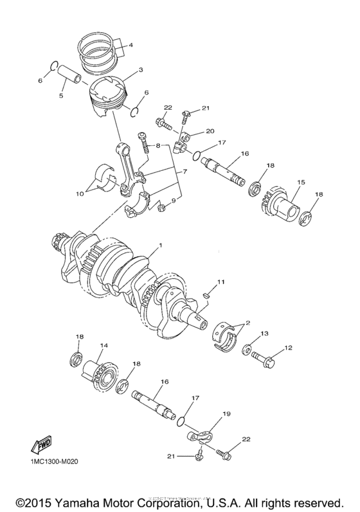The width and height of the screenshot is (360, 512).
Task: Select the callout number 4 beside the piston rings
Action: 130,45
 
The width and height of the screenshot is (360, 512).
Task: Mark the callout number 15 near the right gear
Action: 299,182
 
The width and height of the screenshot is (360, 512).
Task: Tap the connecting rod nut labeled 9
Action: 163,206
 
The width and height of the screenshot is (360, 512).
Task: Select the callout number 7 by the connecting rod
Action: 186,172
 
